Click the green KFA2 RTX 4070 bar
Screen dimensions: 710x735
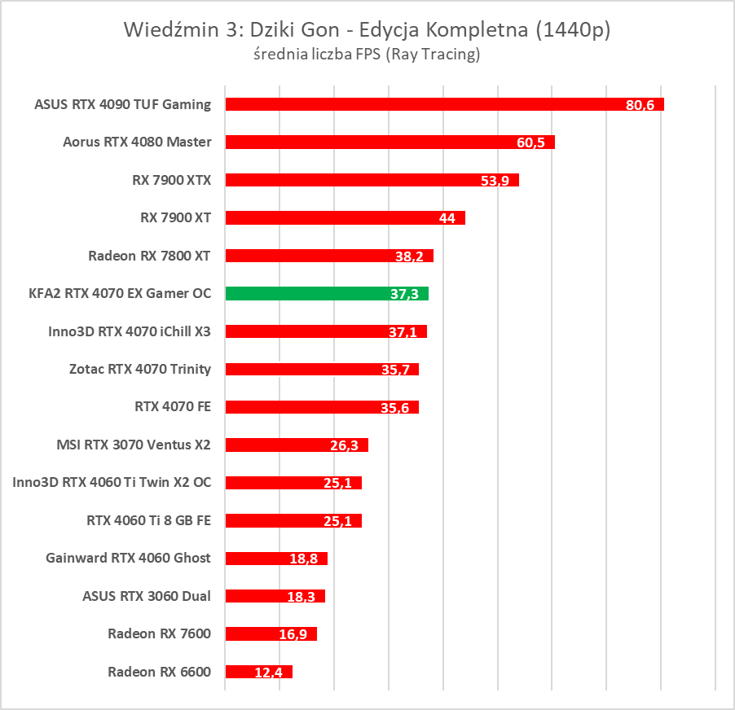tap(326, 293)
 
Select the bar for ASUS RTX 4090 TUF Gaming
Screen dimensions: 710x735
tap(444, 104)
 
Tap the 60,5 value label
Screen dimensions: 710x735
tap(533, 143)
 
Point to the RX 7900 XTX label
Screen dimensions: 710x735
tap(171, 180)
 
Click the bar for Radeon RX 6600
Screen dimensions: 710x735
tap(258, 672)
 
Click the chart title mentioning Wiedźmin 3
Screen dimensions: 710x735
tap(367, 30)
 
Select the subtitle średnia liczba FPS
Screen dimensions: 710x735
tap(367, 55)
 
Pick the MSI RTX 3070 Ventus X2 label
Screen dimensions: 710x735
tap(134, 445)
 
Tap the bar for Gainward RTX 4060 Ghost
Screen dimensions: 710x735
tap(275, 558)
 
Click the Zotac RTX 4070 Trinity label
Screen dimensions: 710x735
tap(140, 369)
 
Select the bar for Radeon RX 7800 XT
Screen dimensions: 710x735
tap(328, 256)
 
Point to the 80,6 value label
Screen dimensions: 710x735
tap(640, 106)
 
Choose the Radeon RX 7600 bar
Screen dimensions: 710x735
tap(271, 633)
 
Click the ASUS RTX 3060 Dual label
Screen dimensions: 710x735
tap(147, 596)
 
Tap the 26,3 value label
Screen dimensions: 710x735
tap(346, 446)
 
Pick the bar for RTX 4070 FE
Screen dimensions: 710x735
tap(321, 406)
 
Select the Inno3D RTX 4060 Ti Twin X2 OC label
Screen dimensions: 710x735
tap(112, 482)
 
